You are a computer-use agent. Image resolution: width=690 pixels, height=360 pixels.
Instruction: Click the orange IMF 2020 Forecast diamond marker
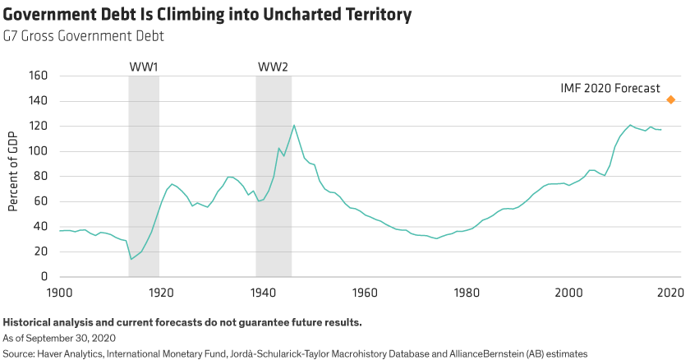[x=671, y=100]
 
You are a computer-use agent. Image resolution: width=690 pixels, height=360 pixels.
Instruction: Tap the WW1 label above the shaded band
[x=144, y=66]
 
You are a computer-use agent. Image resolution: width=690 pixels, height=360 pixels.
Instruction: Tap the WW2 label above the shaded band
[x=274, y=66]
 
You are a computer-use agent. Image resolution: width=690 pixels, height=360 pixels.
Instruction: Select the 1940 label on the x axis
[x=263, y=292]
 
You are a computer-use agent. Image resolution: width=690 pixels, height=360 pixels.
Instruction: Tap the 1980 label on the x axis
[x=467, y=292]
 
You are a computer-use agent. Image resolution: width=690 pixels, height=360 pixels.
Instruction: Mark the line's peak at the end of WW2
[x=293, y=125]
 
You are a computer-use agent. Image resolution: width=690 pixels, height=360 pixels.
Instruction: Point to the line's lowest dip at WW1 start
[x=131, y=260]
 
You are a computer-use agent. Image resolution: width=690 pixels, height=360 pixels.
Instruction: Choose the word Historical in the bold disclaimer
[x=27, y=321]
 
